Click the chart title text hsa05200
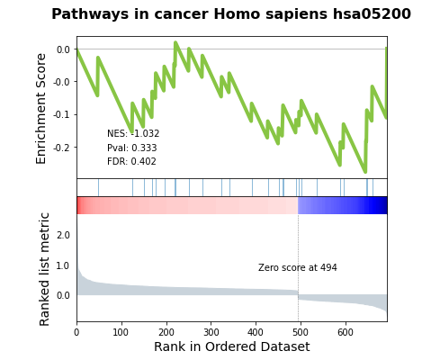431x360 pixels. tap(372, 14)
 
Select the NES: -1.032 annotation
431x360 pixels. tap(133, 133)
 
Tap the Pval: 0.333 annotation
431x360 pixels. tap(132, 148)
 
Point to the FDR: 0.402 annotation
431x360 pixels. tap(131, 161)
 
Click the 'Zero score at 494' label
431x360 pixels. tap(298, 267)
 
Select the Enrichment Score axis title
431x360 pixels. tap(40, 109)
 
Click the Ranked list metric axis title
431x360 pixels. tap(44, 269)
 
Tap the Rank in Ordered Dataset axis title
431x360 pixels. tap(232, 346)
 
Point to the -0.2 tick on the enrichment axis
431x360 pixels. tap(63, 148)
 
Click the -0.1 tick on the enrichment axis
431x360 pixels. tap(63, 114)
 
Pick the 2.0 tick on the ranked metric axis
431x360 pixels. tap(63, 235)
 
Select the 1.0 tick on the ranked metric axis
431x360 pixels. tap(63, 265)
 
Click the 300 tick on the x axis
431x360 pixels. tap(211, 332)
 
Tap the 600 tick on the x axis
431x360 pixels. tap(346, 332)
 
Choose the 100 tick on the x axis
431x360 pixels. tap(121, 332)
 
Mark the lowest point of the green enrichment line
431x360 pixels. tap(365, 172)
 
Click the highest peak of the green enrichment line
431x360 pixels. tap(175, 42)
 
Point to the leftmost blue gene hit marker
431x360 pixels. tap(98, 187)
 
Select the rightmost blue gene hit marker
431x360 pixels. tap(373, 187)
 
